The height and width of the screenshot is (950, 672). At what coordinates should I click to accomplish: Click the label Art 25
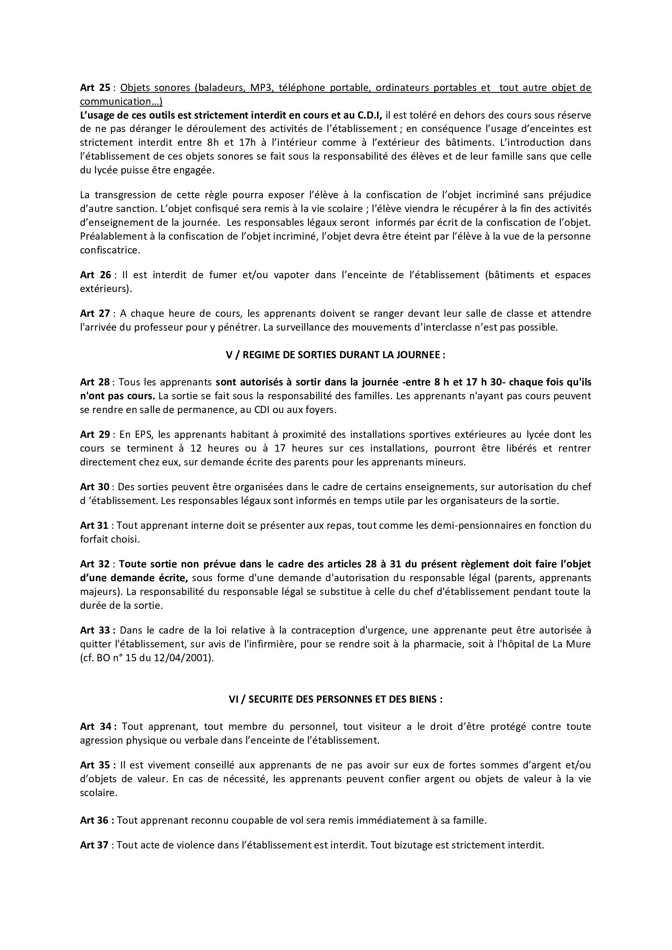(x=95, y=88)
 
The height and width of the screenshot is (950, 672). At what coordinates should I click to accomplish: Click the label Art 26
(x=95, y=275)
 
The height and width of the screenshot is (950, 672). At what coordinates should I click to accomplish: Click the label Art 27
(x=95, y=314)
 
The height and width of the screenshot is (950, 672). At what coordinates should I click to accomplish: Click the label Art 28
(x=95, y=382)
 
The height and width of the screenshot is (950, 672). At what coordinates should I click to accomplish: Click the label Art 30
(x=95, y=487)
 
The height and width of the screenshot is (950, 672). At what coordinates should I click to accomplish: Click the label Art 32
(x=95, y=564)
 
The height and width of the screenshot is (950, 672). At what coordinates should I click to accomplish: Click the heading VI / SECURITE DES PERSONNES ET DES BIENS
(x=336, y=699)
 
